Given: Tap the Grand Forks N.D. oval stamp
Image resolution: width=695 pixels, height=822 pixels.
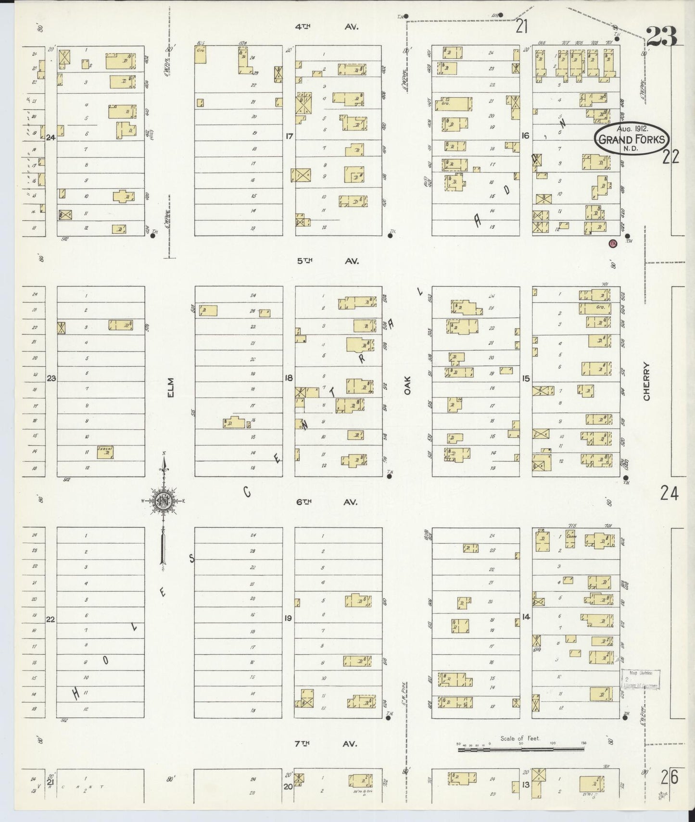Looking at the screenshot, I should [632, 140].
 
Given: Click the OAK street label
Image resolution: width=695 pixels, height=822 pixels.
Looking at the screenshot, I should [407, 386].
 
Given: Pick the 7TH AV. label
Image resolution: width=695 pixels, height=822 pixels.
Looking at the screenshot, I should [326, 743].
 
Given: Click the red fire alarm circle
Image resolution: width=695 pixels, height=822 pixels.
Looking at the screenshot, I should [613, 243].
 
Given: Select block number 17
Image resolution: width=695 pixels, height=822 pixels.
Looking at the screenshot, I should [289, 137].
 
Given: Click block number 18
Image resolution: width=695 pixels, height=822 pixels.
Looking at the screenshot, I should [288, 378].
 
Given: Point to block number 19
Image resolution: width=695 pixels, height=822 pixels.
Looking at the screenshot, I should [288, 618].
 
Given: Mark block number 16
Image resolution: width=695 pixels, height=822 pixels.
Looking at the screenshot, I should [525, 136].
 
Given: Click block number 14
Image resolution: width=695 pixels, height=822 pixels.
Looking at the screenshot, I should [526, 616].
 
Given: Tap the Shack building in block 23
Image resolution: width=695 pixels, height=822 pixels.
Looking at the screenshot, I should [105, 452].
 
